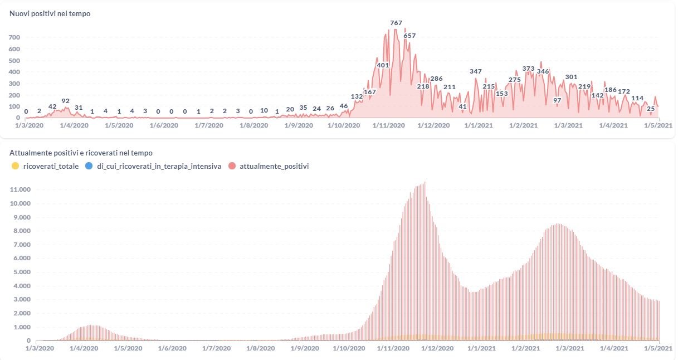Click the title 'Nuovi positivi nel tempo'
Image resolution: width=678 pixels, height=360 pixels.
click(x=50, y=13)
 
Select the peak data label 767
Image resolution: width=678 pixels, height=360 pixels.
click(x=396, y=23)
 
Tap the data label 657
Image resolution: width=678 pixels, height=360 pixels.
click(x=409, y=36)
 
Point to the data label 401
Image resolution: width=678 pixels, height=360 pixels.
click(x=383, y=65)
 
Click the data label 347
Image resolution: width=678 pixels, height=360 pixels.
click(x=476, y=71)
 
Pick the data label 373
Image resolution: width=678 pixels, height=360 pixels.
click(x=529, y=69)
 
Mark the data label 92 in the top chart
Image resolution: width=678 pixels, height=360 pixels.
click(x=66, y=101)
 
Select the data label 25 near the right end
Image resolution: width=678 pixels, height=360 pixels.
click(x=650, y=108)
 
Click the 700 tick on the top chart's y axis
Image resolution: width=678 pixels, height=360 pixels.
click(x=14, y=37)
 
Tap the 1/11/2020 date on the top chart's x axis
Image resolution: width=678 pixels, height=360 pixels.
click(x=388, y=125)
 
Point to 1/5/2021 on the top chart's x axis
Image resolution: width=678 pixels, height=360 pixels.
click(x=658, y=125)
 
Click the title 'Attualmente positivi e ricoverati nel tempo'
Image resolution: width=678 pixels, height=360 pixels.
click(x=81, y=153)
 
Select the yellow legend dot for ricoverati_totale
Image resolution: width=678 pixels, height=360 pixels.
click(x=15, y=166)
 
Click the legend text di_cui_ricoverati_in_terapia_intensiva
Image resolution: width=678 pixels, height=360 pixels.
click(x=159, y=166)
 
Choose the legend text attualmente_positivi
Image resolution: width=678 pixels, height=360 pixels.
click(x=274, y=166)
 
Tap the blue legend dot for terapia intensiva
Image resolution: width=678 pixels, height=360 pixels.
click(x=89, y=166)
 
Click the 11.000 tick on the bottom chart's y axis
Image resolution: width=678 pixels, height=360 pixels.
click(x=21, y=189)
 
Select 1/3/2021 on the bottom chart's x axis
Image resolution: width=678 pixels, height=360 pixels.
click(x=569, y=348)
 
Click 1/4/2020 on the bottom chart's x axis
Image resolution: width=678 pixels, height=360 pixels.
click(x=84, y=348)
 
